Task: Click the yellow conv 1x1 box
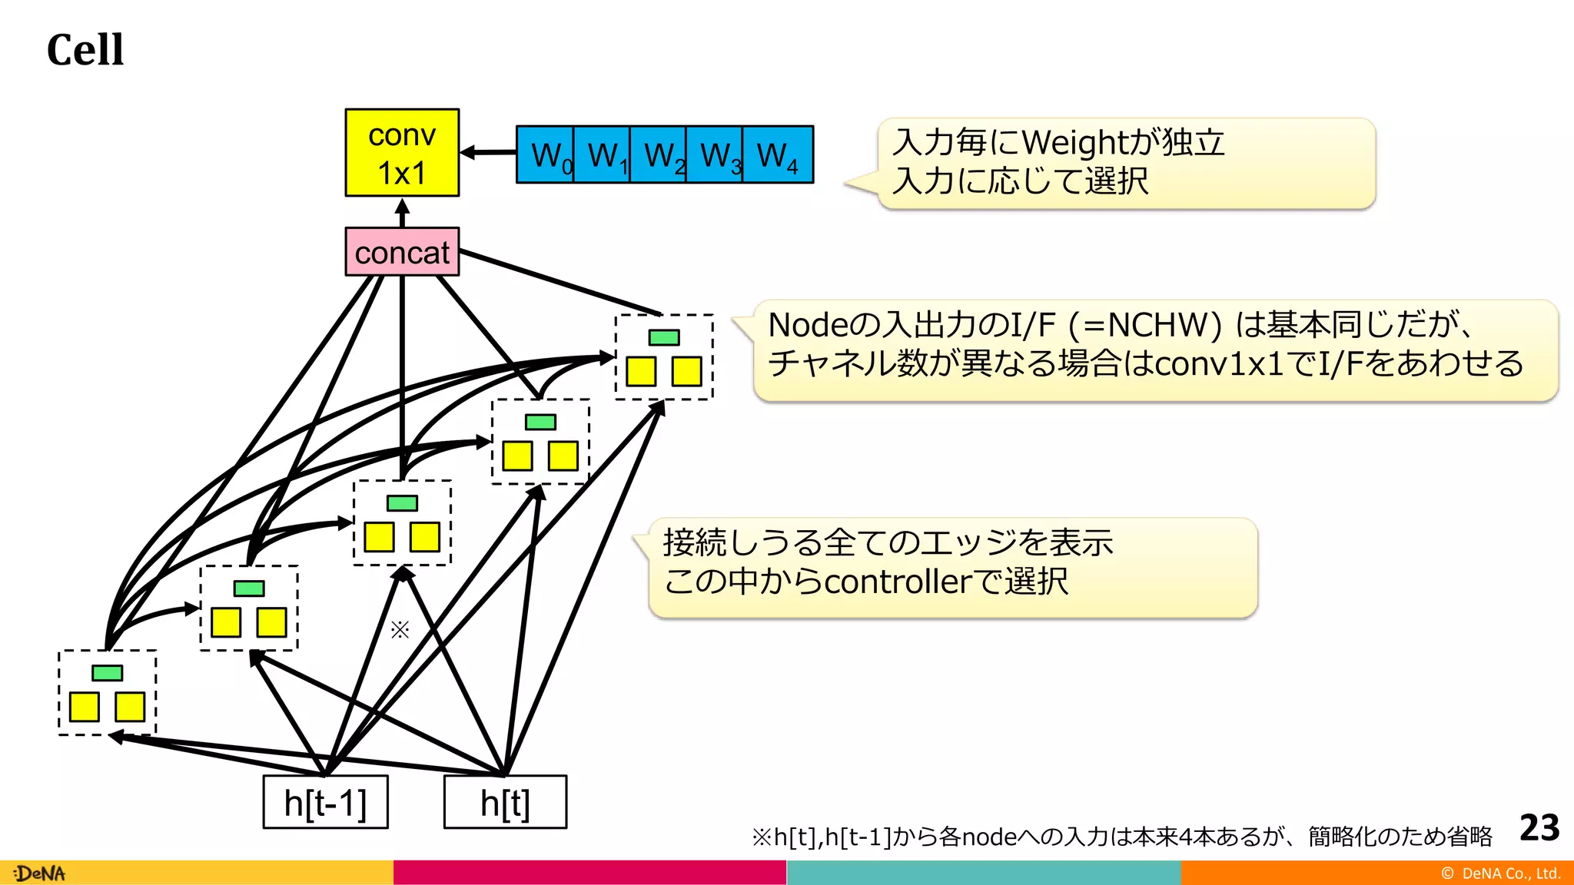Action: click(402, 153)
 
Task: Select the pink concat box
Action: click(402, 252)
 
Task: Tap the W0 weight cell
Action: click(546, 155)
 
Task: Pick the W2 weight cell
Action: click(659, 155)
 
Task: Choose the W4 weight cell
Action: click(778, 155)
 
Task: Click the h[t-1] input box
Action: click(325, 803)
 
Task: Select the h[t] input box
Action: click(505, 803)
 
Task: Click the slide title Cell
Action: click(85, 50)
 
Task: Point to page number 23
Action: click(1539, 828)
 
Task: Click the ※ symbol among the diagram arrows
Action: click(400, 630)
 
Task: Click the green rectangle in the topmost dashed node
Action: click(664, 337)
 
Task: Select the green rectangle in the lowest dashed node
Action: click(107, 673)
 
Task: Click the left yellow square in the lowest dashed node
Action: click(85, 707)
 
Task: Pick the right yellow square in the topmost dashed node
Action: click(686, 372)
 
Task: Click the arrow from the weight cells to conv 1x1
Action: click(487, 153)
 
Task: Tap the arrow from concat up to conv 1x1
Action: click(402, 212)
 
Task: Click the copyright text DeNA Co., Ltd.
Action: click(1509, 873)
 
